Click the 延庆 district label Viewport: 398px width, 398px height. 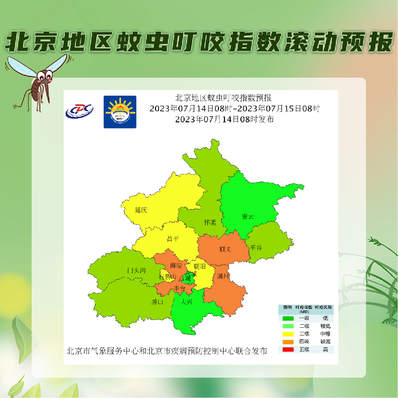tap(141, 210)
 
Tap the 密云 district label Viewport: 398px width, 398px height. tap(248, 217)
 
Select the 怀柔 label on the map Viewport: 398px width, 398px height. tap(210, 222)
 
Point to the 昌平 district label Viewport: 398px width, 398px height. tap(173, 239)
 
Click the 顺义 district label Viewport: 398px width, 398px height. tap(225, 249)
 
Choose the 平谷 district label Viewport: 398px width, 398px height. tap(256, 248)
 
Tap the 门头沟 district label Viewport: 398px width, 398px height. tap(136, 270)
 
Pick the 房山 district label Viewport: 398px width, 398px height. tap(157, 302)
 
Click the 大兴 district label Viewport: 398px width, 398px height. tap(186, 302)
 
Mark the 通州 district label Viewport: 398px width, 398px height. tap(223, 276)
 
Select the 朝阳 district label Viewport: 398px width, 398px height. tap(199, 266)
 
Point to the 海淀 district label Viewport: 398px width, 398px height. tap(176, 266)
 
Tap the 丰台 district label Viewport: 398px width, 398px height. tap(179, 289)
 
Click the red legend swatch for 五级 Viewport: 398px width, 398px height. tap(288, 350)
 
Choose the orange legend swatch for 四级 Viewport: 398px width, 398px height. tap(288, 342)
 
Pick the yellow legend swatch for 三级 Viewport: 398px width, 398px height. tap(288, 334)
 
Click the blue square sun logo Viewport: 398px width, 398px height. tap(120, 112)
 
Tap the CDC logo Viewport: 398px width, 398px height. tap(79, 111)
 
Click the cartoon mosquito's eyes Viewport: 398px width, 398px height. tap(45, 75)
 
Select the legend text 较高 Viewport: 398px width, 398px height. tap(325, 342)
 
